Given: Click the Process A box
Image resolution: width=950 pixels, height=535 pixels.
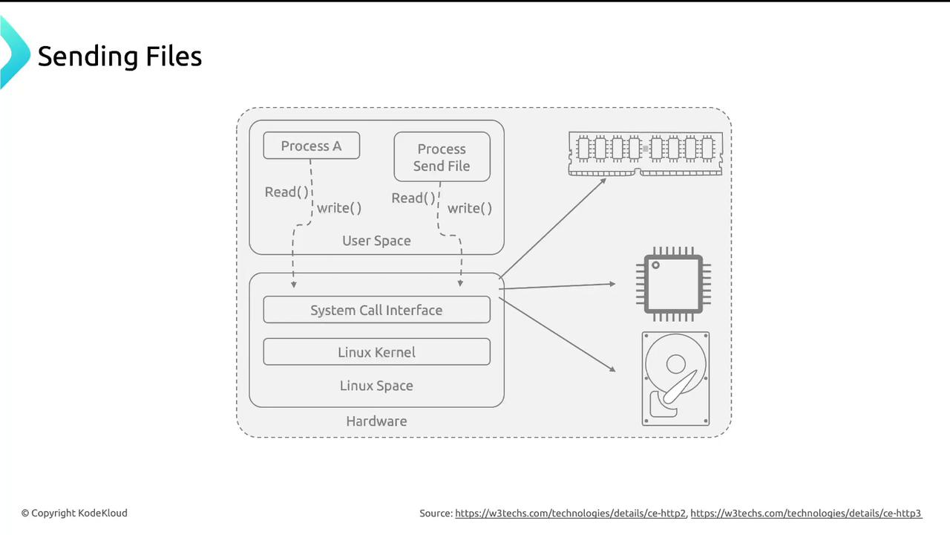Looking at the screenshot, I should [311, 146].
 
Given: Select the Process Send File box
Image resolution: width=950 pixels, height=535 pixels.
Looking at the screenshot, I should [442, 157].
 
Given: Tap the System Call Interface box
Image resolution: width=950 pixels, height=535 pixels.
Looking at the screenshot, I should [376, 310].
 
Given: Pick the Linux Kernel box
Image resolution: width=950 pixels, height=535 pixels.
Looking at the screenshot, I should [376, 351].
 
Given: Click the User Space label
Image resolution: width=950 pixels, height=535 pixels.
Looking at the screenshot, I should [376, 241].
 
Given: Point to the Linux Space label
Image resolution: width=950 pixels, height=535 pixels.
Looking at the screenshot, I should [376, 386].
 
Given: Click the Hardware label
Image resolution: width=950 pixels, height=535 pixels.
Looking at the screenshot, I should [376, 421].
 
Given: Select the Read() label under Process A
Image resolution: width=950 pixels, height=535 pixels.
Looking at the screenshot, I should [286, 192].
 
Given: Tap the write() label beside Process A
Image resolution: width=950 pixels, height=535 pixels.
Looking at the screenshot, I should [339, 208].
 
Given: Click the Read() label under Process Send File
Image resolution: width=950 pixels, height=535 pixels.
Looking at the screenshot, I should [413, 198].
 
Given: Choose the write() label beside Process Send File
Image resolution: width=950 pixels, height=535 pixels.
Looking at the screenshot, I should [470, 208].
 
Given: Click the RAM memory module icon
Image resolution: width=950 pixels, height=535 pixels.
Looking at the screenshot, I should [645, 153].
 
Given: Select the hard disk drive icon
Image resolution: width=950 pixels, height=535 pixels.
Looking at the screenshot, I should [675, 379].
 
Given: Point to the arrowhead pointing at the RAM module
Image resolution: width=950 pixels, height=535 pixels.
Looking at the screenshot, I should [603, 181].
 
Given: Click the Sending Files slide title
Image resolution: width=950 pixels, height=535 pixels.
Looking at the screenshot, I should [119, 56].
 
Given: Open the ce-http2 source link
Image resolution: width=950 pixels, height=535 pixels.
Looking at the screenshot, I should [570, 513].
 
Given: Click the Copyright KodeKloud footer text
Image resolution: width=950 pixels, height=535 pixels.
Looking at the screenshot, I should [74, 513].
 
